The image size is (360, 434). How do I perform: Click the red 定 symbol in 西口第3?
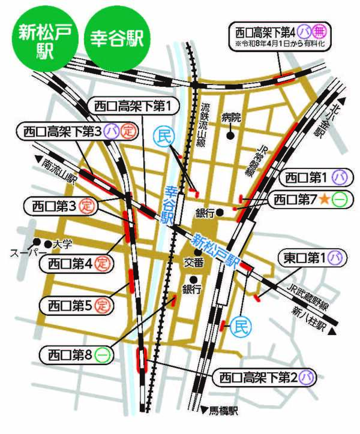pos(86,207)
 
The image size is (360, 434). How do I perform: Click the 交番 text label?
pos(193,261)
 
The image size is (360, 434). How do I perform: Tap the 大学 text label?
pos(62,245)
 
